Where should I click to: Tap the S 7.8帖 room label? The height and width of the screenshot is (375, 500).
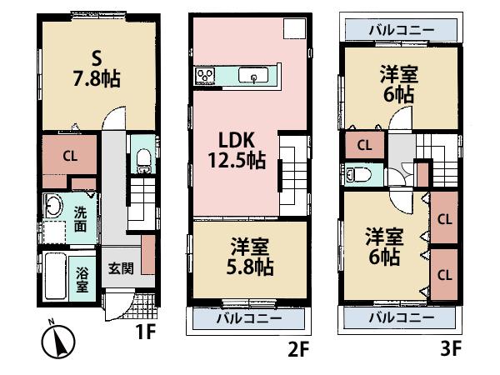tap(97, 69)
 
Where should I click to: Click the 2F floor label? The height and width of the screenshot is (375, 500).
tap(297, 350)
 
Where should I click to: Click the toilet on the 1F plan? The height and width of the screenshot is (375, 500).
tap(142, 156)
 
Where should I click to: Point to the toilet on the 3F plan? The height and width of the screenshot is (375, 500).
tap(358, 174)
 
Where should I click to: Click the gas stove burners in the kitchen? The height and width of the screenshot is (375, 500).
tap(205, 77)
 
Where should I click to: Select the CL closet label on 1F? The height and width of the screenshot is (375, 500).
tap(69, 156)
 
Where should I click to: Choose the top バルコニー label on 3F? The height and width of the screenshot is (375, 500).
tap(401, 30)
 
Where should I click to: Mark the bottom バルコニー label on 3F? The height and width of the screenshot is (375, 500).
tap(401, 317)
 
